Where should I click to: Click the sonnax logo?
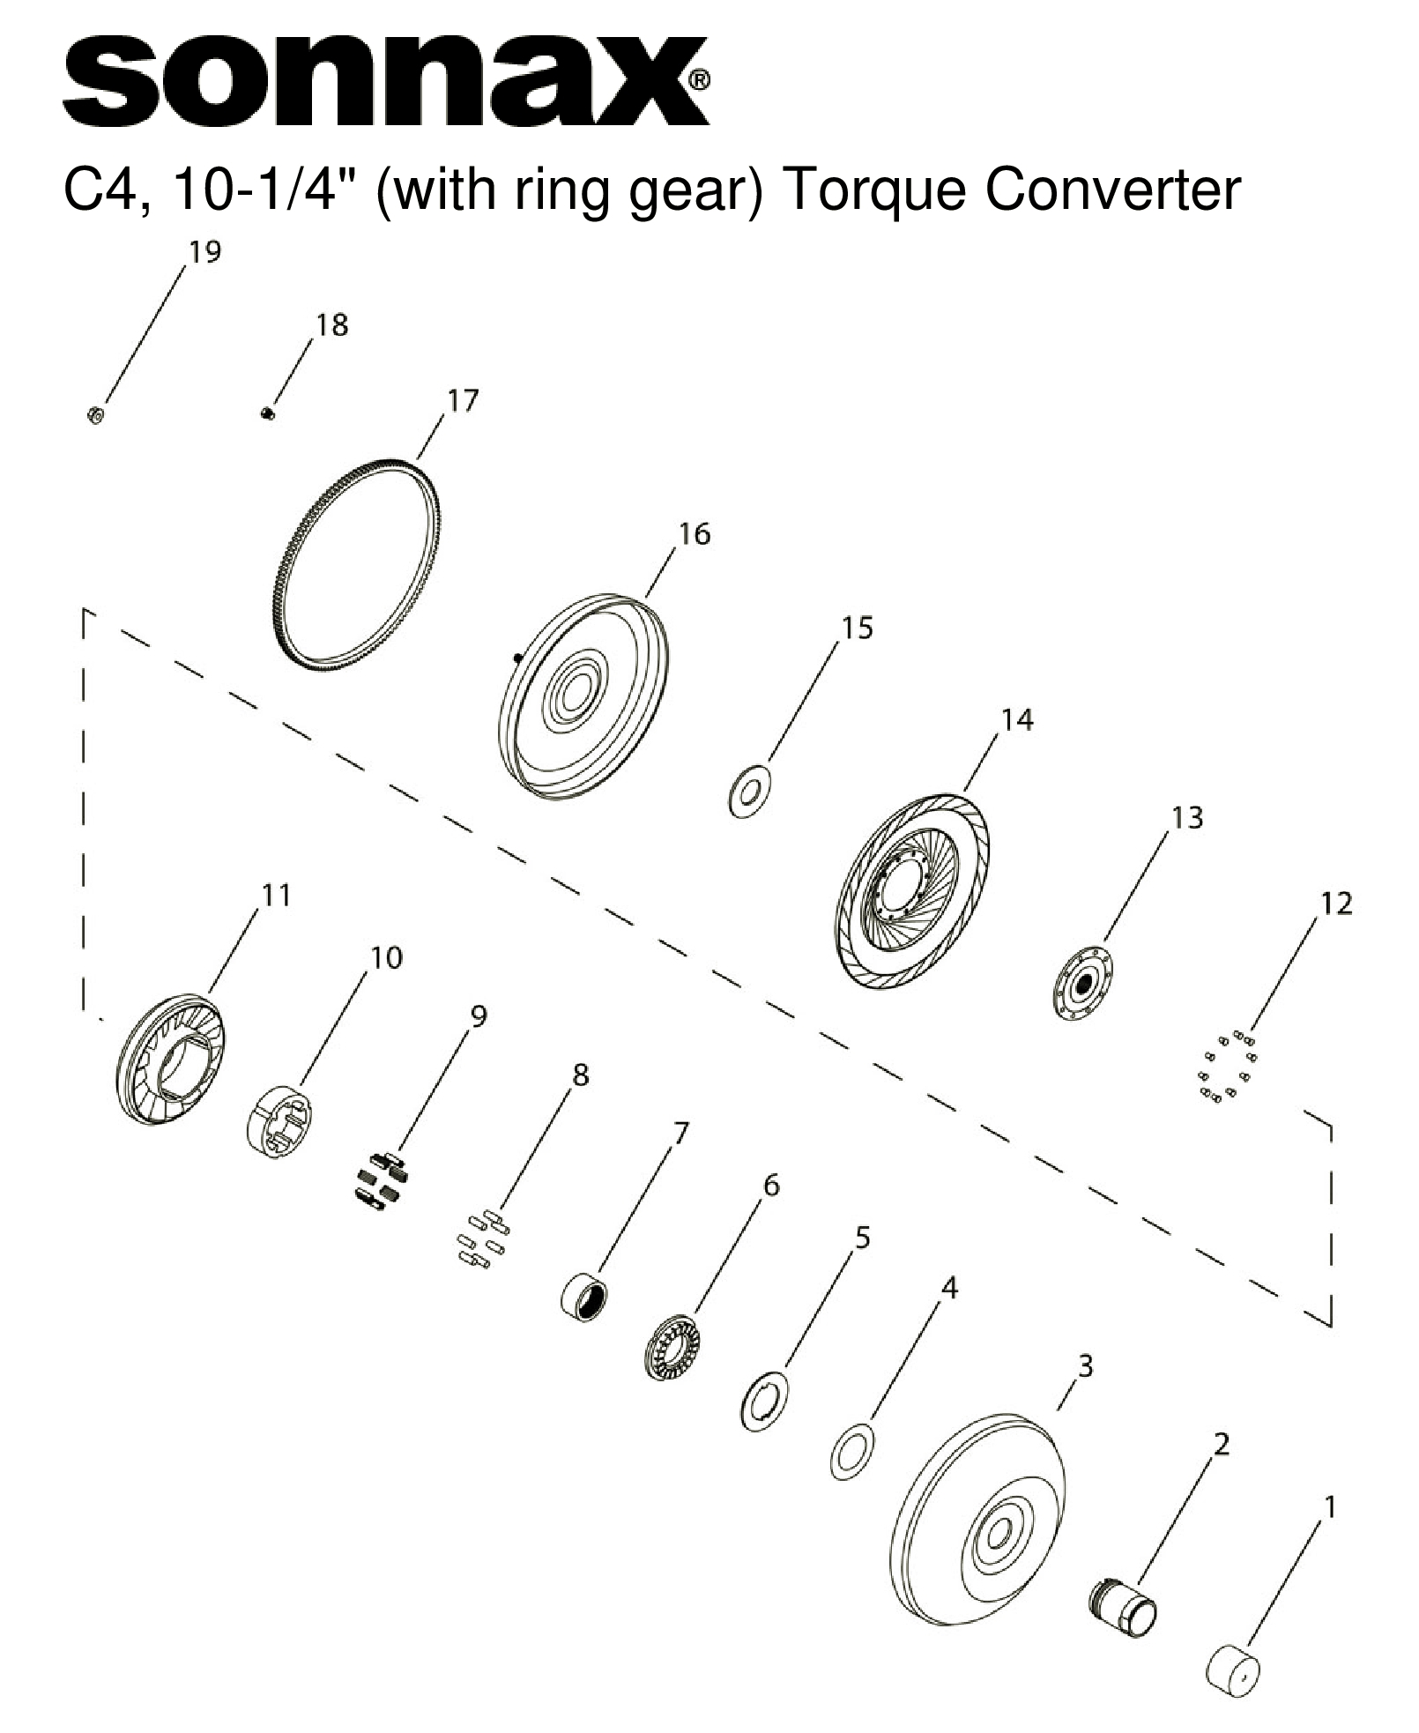pos(385,80)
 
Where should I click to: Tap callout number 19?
pos(204,252)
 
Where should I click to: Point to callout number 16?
pos(694,534)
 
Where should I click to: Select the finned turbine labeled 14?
pos(912,890)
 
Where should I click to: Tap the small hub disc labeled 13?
pos(1083,983)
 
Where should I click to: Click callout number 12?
pos(1335,904)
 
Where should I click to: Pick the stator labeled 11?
pos(170,1058)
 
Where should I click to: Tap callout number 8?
pos(579,1075)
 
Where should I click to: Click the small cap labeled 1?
pos(1231,1669)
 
